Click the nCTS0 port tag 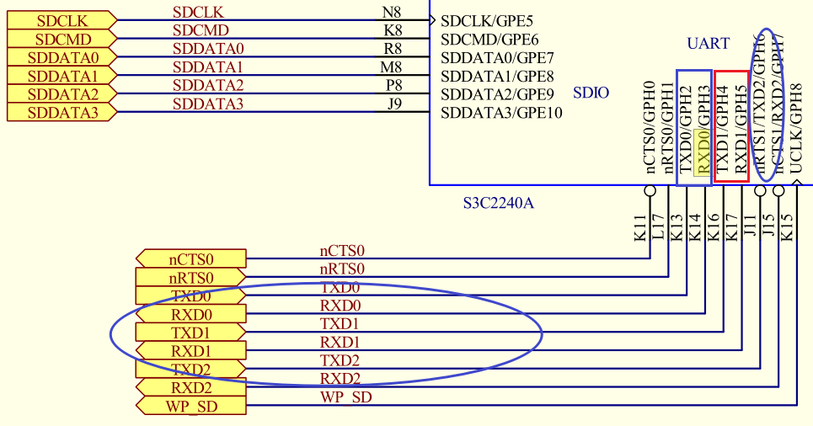(191, 258)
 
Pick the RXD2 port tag (191, 388)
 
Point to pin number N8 (392, 12)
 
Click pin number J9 (393, 104)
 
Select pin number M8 (391, 67)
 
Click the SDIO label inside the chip (591, 93)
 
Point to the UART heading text (709, 43)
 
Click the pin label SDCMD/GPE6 (489, 39)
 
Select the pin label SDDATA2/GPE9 (497, 93)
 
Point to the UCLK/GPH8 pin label (796, 126)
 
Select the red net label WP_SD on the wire (345, 397)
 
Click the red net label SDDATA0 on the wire (208, 48)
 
